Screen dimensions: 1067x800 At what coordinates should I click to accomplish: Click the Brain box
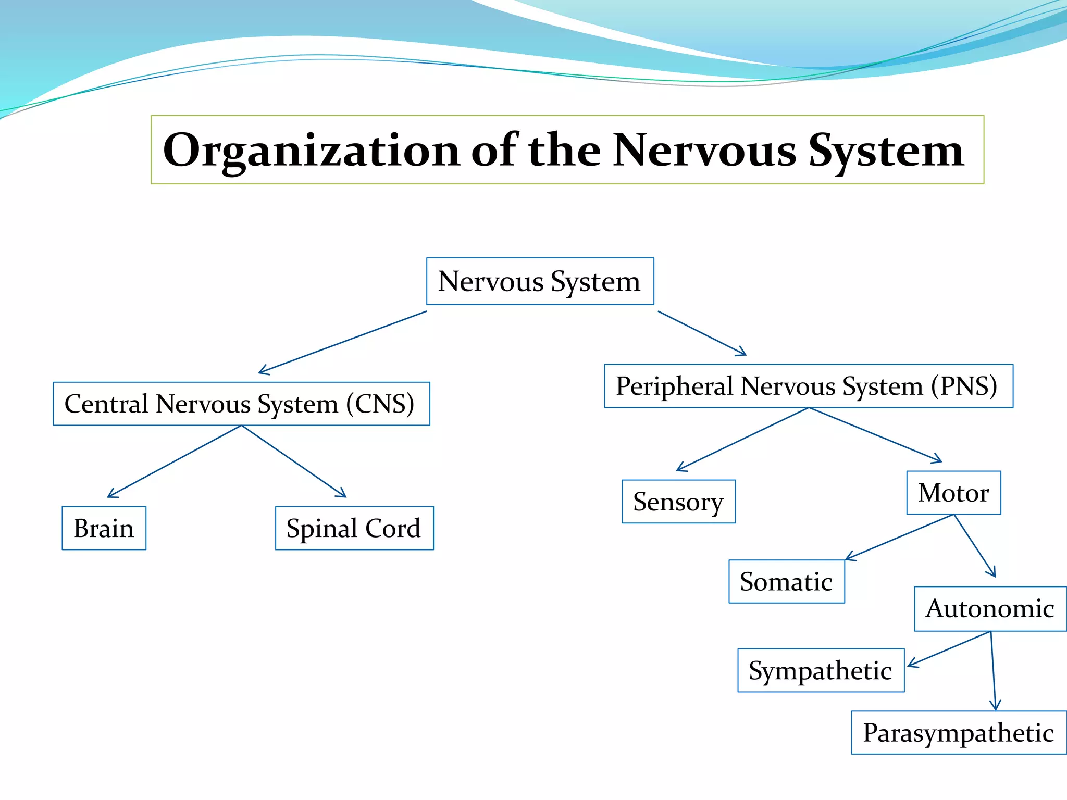point(104,528)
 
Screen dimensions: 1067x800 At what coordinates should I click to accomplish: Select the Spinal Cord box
point(354,528)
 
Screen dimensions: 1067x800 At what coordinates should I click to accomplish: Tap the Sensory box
point(679,502)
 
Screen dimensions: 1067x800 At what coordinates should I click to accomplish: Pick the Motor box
point(954,493)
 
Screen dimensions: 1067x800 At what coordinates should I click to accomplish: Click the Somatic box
point(787,582)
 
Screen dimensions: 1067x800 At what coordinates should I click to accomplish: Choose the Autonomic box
point(991,609)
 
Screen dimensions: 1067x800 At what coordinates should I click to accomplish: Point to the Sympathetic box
point(821,670)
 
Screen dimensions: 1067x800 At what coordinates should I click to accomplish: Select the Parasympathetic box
point(959,733)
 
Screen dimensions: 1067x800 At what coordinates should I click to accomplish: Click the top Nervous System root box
point(540,281)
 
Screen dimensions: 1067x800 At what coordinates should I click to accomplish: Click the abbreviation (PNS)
point(964,386)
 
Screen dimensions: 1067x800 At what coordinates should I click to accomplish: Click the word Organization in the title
point(312,151)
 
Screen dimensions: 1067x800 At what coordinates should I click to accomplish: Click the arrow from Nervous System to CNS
point(343,342)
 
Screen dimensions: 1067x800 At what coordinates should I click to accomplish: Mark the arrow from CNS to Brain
point(175,461)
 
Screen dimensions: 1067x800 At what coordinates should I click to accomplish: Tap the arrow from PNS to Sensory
point(742,440)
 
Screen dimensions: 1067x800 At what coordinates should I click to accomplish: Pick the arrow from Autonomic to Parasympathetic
point(993,671)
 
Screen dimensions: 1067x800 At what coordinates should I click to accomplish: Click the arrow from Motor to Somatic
point(899,537)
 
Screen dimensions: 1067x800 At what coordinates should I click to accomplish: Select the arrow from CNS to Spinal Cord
point(294,461)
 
